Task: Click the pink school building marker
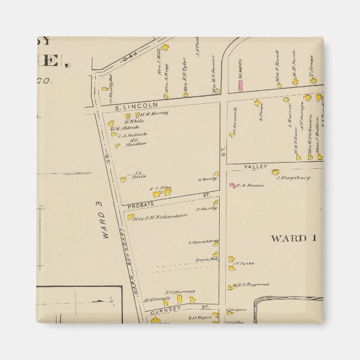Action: pyautogui.click(x=241, y=86)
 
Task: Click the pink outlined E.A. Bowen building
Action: pyautogui.click(x=232, y=184)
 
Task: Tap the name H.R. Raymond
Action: pyautogui.click(x=253, y=285)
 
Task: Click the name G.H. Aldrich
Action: pyautogui.click(x=123, y=128)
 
